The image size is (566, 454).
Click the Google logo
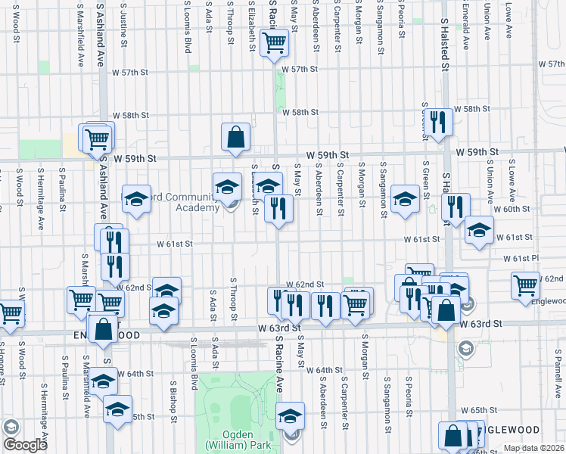tap(25, 445)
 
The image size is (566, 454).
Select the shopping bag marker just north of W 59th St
tap(235, 137)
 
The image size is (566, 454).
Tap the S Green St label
tap(427, 174)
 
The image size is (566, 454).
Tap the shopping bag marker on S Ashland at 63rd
tap(104, 329)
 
